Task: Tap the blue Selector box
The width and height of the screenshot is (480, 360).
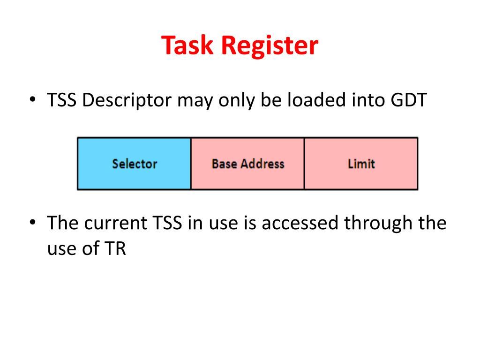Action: (134, 164)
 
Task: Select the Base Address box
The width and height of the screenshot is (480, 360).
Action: (247, 164)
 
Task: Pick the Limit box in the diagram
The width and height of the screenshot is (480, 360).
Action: (361, 164)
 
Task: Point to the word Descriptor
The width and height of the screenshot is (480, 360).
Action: (127, 101)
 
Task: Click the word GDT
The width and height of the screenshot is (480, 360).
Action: (409, 100)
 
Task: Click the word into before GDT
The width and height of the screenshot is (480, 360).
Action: (370, 100)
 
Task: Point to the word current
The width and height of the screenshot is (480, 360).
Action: (116, 223)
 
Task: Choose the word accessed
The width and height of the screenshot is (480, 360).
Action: (300, 223)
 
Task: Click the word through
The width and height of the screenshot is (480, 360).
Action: (379, 224)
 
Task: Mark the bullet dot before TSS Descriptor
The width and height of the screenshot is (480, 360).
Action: (32, 101)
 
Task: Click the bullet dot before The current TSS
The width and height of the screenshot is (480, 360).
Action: (32, 223)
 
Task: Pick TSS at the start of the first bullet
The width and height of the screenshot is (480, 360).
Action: (63, 100)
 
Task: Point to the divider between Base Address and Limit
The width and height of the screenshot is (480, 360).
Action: (304, 164)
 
